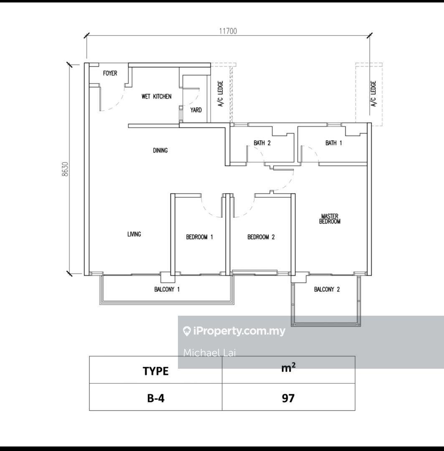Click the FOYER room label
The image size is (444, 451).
tap(110, 73)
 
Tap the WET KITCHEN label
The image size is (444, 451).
tap(156, 96)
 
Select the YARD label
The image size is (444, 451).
tap(196, 110)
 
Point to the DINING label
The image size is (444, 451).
tap(160, 150)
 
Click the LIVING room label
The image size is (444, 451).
tap(134, 234)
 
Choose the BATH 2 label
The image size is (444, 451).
tap(262, 143)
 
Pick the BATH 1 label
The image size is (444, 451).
tap(333, 143)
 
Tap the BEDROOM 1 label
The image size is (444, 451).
tap(199, 237)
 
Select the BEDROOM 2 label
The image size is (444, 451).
tap(261, 237)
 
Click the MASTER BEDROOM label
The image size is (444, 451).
tap(330, 218)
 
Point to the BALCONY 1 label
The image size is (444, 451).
tap(167, 289)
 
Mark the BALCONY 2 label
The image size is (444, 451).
tap(327, 289)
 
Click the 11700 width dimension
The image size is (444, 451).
tap(228, 31)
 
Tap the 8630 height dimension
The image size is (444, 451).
tap(66, 169)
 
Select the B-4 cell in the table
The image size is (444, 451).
tap(156, 398)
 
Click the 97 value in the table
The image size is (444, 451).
tap(288, 398)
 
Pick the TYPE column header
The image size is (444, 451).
tap(156, 371)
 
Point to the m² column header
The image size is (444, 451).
tap(288, 367)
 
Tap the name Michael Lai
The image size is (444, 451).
tap(210, 352)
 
